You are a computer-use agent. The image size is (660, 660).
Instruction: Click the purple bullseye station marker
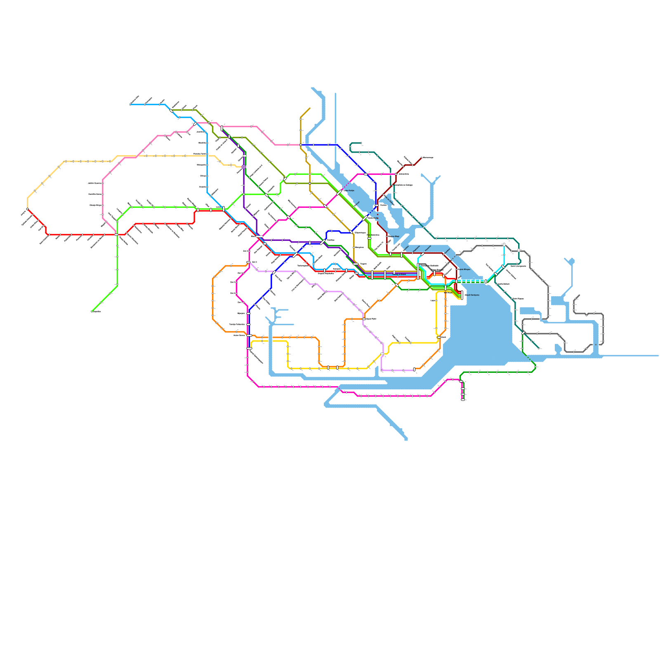244,167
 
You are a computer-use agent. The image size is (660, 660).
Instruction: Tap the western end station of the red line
28,209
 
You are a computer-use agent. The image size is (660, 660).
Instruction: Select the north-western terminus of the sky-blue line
130,104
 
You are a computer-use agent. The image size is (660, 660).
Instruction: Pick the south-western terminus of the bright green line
92,311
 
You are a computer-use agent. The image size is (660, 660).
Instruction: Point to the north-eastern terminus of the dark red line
421,158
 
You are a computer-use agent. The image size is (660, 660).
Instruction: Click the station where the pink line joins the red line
116,235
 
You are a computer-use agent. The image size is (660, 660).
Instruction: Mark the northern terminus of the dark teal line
361,143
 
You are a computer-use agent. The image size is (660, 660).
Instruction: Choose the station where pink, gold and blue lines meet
301,145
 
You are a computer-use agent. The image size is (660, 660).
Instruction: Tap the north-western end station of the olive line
172,111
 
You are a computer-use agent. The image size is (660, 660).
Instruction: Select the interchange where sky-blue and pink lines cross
195,124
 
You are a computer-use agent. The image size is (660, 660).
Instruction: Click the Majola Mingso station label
464,269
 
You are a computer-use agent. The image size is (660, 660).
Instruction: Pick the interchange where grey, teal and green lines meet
523,332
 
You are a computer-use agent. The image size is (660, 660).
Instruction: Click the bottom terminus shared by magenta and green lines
463,399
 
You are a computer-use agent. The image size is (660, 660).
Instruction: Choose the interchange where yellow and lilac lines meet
382,354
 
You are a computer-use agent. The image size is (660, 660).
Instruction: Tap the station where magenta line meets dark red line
396,174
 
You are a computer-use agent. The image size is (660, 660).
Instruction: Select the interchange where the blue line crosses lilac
274,272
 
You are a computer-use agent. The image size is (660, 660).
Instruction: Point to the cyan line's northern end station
504,245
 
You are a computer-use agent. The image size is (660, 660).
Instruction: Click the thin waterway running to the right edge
631,355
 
